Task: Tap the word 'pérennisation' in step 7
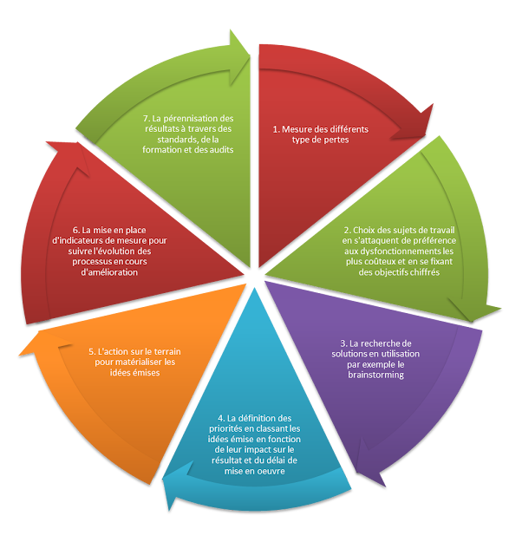pyautogui.click(x=198, y=117)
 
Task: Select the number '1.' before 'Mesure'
pyautogui.click(x=277, y=129)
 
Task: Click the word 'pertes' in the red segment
pyautogui.click(x=334, y=140)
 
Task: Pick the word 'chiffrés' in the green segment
pyautogui.click(x=421, y=271)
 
